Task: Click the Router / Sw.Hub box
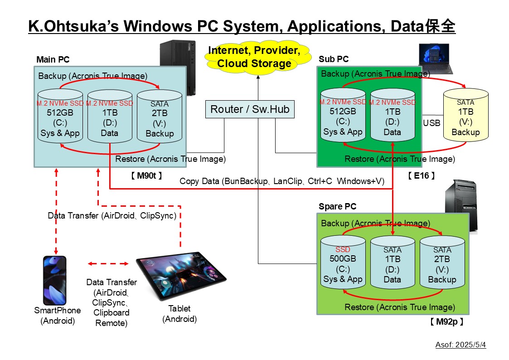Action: point(250,109)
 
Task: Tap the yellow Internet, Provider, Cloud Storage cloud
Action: point(254,57)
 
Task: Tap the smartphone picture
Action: point(55,280)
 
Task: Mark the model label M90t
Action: point(146,175)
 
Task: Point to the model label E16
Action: point(421,175)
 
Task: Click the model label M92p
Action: point(446,322)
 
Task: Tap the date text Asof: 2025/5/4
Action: point(461,345)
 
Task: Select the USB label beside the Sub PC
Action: point(431,123)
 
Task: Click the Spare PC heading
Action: point(338,206)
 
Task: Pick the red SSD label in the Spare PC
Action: point(343,249)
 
